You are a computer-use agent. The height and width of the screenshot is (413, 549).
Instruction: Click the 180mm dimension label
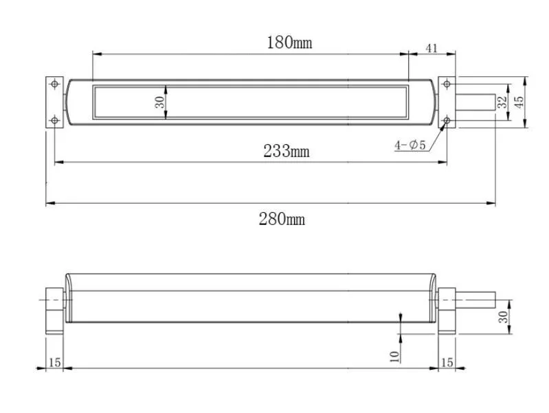(289, 43)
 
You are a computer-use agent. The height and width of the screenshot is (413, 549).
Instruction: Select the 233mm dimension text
(287, 151)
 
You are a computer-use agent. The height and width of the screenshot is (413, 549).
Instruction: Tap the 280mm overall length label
(282, 220)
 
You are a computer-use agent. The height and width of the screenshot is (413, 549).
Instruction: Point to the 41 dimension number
(432, 48)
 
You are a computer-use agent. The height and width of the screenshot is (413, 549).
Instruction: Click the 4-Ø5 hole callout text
(410, 145)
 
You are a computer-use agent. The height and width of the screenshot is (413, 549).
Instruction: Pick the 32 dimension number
(502, 102)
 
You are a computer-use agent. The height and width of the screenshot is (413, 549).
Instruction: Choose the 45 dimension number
(519, 102)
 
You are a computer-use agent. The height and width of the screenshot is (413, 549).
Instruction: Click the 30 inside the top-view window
(159, 102)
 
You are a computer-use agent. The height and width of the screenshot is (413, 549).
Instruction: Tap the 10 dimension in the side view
(394, 357)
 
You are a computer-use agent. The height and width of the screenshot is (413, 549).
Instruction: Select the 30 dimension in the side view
(503, 317)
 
